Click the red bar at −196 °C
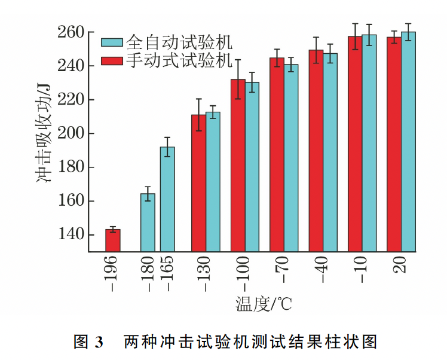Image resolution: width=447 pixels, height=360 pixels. pos(113,240)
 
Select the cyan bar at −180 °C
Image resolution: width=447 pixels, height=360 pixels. pos(148,222)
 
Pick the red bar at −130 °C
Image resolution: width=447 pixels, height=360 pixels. pos(198,182)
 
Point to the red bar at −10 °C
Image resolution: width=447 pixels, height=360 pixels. pos(355,144)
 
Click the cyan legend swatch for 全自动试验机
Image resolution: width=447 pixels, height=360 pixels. pos(112,42)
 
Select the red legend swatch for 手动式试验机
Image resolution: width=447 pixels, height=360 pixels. pos(112,60)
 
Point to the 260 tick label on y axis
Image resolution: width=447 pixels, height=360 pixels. pos(71,32)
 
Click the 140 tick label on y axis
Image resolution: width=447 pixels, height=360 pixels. pos(71,234)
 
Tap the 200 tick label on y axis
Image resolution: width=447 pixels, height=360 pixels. pos(71,133)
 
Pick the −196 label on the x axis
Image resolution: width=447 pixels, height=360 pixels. pos(113,272)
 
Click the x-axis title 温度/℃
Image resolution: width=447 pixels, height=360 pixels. pos(263,304)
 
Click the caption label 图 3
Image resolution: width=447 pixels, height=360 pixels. pos(88,343)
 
